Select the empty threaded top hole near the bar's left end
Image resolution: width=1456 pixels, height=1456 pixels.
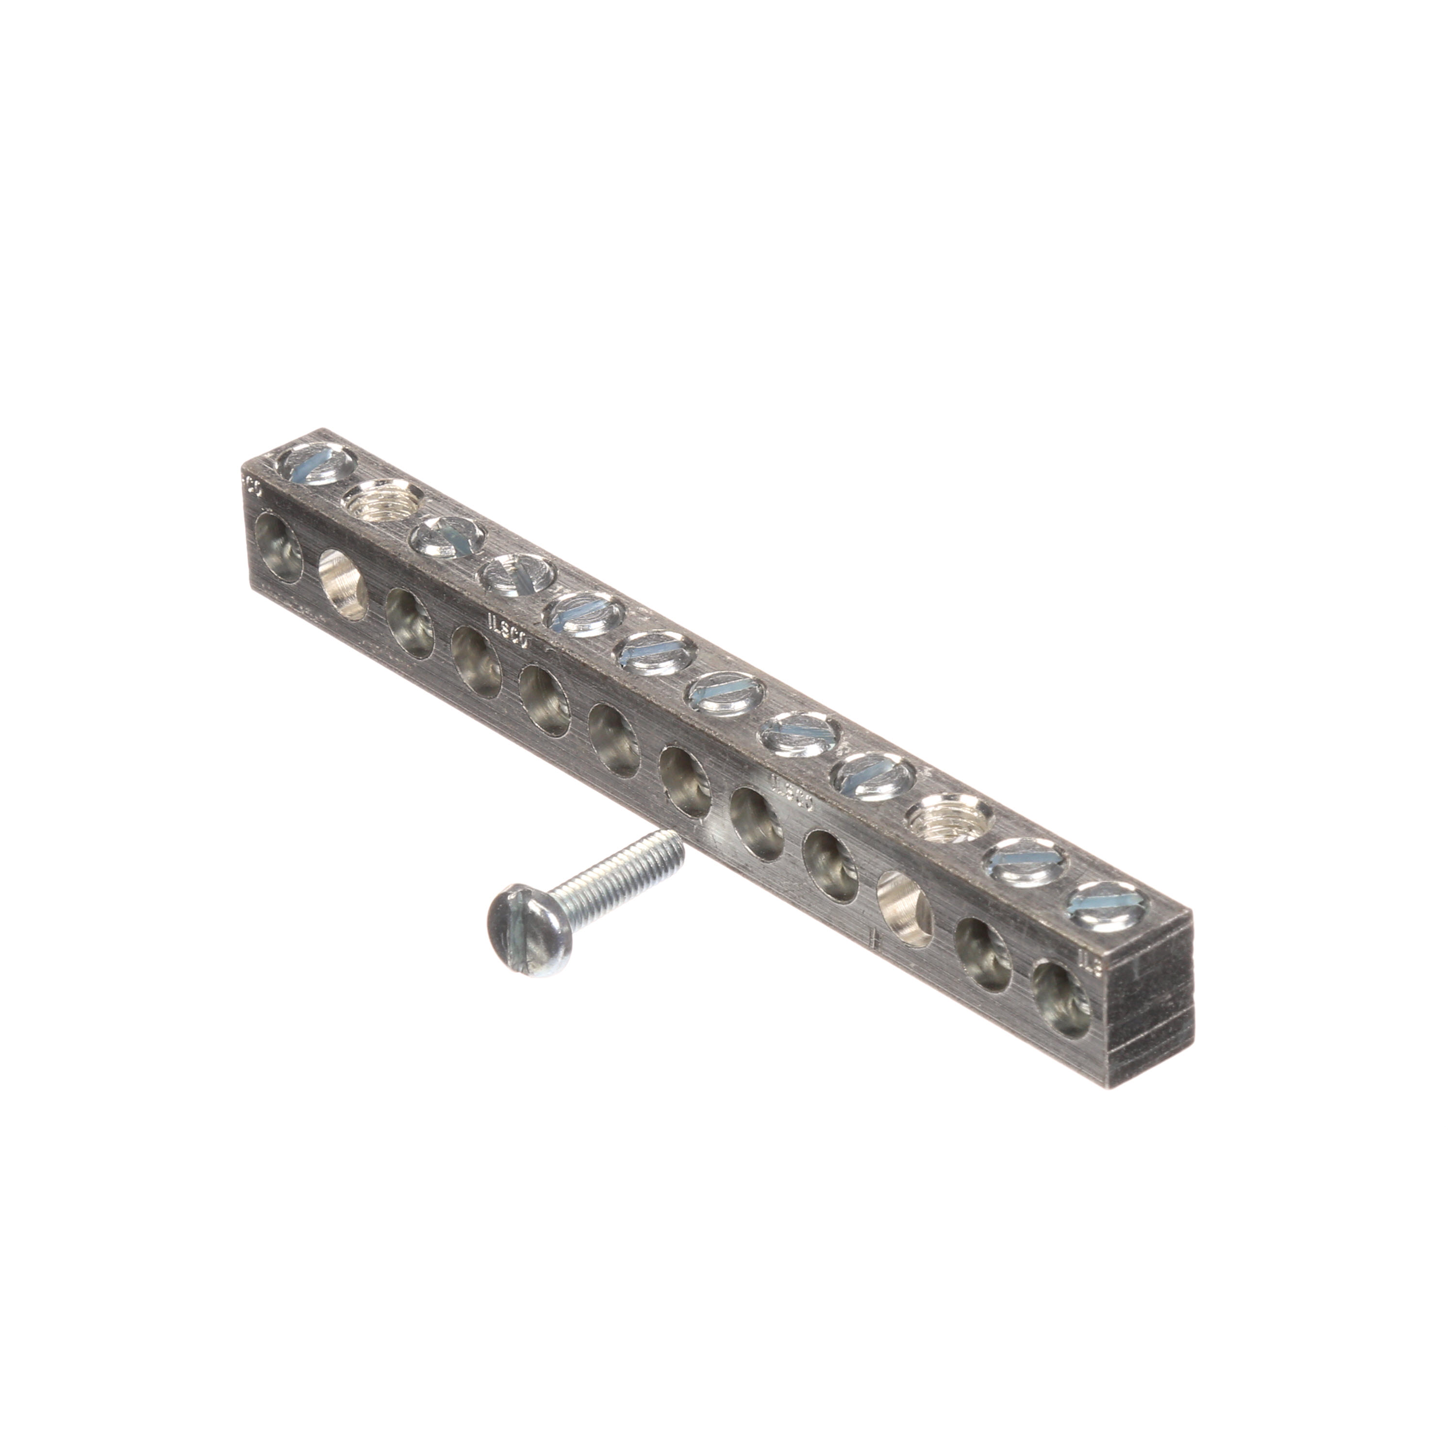(x=371, y=499)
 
